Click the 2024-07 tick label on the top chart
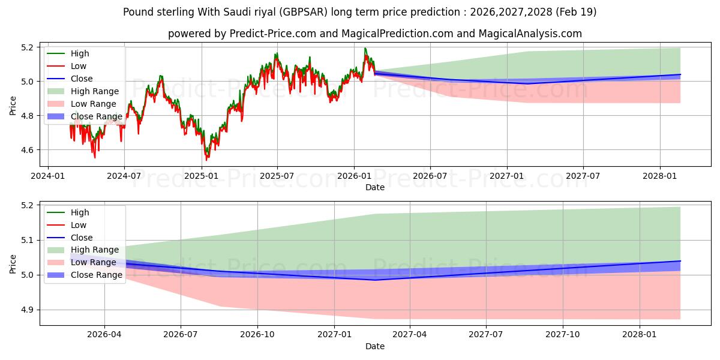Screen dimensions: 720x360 pos(124,176)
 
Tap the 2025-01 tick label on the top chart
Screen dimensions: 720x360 pos(202,176)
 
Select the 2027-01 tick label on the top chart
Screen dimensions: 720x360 pos(507,176)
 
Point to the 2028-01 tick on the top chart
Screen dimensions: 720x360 pos(660,176)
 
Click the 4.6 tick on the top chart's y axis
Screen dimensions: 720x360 pos(28,150)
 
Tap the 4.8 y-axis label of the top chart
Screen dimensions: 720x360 pos(28,116)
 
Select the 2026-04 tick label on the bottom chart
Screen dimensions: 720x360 pos(104,335)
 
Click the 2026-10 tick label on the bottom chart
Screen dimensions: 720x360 pos(257,335)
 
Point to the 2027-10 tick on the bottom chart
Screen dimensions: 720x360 pos(563,335)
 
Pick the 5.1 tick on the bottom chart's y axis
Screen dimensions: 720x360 pos(28,241)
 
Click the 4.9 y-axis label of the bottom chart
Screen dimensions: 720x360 pos(28,310)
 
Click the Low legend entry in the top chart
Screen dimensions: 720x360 pos(67,66)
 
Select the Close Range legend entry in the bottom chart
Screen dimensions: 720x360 pos(85,275)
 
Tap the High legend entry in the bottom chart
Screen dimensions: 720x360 pos(68,212)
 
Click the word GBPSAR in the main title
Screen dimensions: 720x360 pos(304,12)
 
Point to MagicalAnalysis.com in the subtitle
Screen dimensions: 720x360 pos(530,34)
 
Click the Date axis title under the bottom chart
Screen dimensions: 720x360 pos(375,347)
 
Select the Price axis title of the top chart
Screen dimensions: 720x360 pos(13,106)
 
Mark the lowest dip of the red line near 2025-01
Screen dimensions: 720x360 pos(206,160)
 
